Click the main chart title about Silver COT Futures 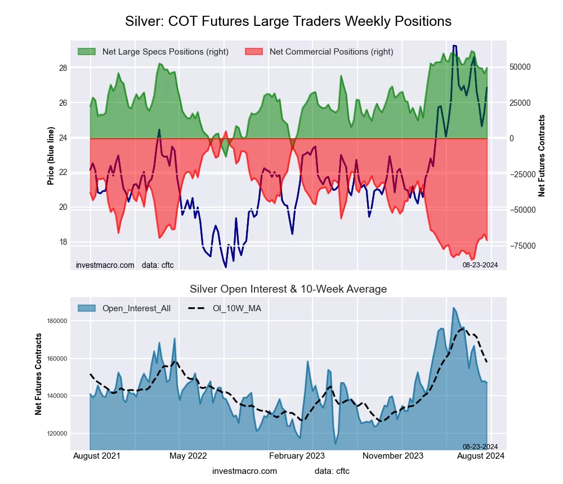pos(288,21)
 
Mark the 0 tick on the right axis pos(512,138)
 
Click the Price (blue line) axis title pos(51,156)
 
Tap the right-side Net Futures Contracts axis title pos(542,156)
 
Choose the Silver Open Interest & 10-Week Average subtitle pos(288,289)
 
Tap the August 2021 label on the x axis pos(96,456)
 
